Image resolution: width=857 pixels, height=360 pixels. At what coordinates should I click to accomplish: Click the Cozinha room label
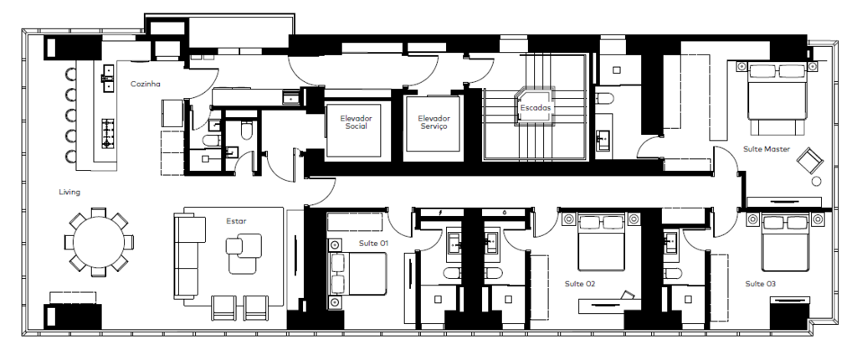[145, 85]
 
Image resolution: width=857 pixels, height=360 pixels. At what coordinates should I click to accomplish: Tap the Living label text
[69, 192]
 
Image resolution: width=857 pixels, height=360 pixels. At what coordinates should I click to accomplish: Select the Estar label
[236, 221]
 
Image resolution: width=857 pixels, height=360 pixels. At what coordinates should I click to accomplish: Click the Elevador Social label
[356, 122]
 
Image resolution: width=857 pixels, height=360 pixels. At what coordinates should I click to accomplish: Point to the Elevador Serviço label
[434, 122]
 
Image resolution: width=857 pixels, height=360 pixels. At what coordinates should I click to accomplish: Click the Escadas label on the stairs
[535, 108]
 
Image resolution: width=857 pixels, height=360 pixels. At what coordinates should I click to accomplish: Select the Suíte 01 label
[373, 243]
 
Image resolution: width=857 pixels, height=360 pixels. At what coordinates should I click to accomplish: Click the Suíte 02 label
[580, 284]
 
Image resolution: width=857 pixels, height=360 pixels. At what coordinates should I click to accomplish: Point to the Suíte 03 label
[760, 284]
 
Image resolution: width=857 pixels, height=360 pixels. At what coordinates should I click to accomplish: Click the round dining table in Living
[99, 242]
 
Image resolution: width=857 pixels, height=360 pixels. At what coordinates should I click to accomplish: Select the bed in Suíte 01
[358, 274]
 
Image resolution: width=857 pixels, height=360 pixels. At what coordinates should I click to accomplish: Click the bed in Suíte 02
[601, 243]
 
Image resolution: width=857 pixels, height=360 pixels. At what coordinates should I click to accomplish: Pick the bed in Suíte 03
[784, 243]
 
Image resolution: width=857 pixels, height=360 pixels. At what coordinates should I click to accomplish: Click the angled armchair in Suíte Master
[809, 160]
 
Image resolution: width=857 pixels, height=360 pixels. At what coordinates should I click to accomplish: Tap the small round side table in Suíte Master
[817, 181]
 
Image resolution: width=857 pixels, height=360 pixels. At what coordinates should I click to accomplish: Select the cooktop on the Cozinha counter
[107, 133]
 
